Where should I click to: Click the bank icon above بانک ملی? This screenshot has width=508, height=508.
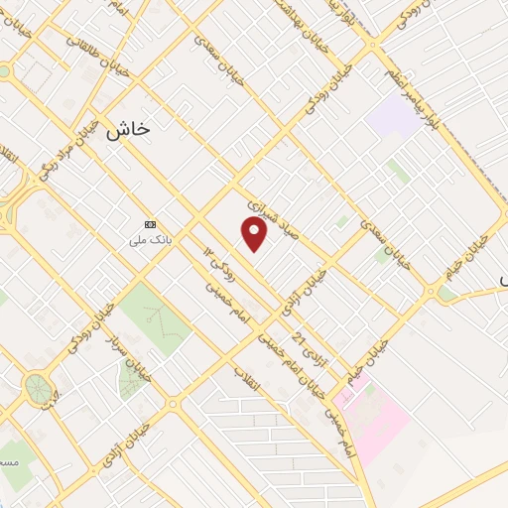point(151,224)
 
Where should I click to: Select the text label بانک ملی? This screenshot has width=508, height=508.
point(151,240)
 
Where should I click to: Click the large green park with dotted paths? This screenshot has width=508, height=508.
point(156,317)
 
